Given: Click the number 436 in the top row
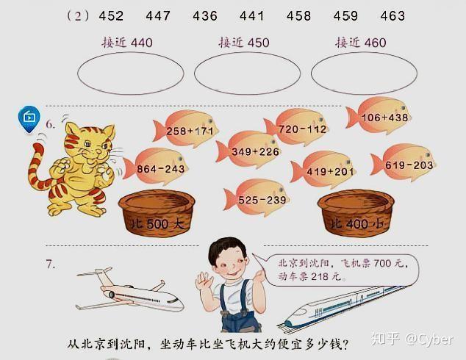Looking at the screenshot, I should pyautogui.click(x=204, y=15).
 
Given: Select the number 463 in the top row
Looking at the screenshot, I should pyautogui.click(x=392, y=15).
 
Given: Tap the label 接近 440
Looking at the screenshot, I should pyautogui.click(x=127, y=43).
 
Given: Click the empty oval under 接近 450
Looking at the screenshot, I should pyautogui.click(x=247, y=74).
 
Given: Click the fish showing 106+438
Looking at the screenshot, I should pyautogui.click(x=384, y=115).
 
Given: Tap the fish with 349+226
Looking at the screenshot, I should pyautogui.click(x=254, y=150).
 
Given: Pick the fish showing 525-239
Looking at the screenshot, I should pyautogui.click(x=261, y=198).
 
